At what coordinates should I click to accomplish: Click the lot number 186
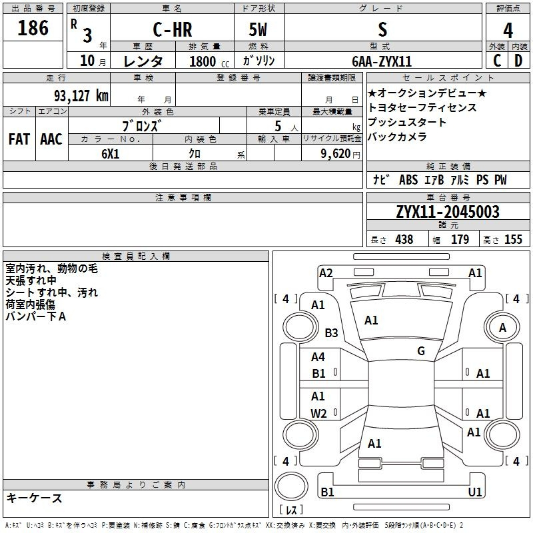pyautogui.click(x=33, y=28)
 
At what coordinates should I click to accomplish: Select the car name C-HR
pyautogui.click(x=173, y=29)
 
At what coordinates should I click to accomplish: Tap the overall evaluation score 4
pyautogui.click(x=508, y=30)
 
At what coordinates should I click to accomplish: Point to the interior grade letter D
pyautogui.click(x=518, y=61)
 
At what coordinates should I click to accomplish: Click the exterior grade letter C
pyautogui.click(x=497, y=61)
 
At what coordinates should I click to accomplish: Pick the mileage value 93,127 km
pyautogui.click(x=81, y=96)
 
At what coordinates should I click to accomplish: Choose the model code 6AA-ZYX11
pyautogui.click(x=382, y=61)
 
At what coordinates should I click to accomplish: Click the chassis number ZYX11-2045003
pyautogui.click(x=448, y=212)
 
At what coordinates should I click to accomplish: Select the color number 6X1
pyautogui.click(x=110, y=154)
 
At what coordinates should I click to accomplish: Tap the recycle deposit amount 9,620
pyautogui.click(x=336, y=154)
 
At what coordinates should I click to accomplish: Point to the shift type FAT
pyautogui.click(x=19, y=139)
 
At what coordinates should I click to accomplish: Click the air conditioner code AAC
pyautogui.click(x=51, y=139)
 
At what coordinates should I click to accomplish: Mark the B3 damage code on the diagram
pyautogui.click(x=331, y=332)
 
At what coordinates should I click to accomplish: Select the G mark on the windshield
pyautogui.click(x=421, y=350)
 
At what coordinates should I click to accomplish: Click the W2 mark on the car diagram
pyautogui.click(x=318, y=413)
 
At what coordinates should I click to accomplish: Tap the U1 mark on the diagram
pyautogui.click(x=475, y=492)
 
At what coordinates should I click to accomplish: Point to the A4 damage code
pyautogui.click(x=318, y=357)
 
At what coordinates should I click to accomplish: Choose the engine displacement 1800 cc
pyautogui.click(x=209, y=61)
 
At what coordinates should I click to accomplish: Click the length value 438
pyautogui.click(x=404, y=239)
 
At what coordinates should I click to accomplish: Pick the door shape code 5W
pyautogui.click(x=258, y=29)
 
